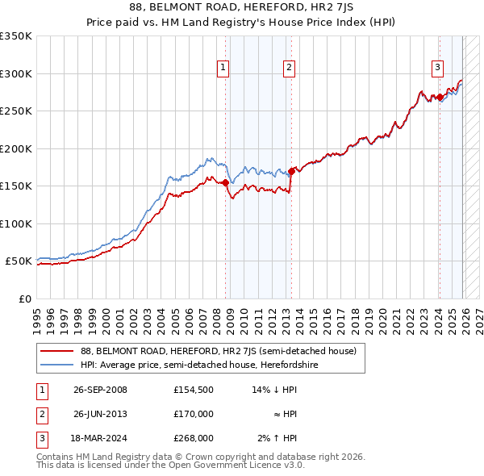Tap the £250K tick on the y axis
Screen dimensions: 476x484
tap(16, 111)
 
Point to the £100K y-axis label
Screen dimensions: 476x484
tap(16, 223)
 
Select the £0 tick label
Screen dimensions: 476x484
tap(25, 299)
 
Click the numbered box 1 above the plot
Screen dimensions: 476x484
tap(222, 68)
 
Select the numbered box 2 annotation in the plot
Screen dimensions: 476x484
tap(288, 68)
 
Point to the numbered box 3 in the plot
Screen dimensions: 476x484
tap(437, 68)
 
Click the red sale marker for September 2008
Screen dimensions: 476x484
tap(226, 183)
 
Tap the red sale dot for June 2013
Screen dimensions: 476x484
tap(291, 171)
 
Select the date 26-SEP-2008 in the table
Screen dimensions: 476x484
tap(100, 390)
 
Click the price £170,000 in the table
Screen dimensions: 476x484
tap(193, 414)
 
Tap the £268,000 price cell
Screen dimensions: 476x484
tap(193, 438)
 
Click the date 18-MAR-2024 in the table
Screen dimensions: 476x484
tap(100, 438)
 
